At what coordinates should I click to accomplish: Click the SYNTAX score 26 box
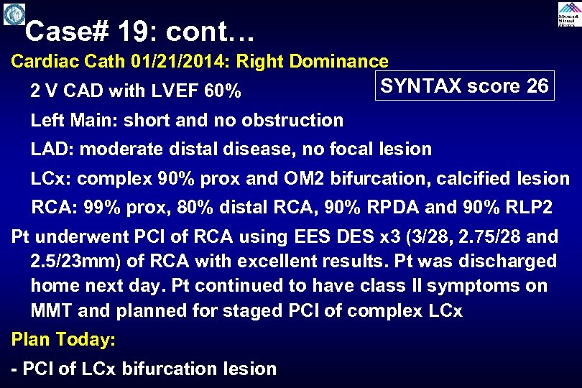465,86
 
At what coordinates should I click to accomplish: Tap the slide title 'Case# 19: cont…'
139,31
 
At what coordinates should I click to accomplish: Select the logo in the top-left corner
14,14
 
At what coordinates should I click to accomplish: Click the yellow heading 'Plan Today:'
63,338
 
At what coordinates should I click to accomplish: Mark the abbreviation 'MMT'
52,311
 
